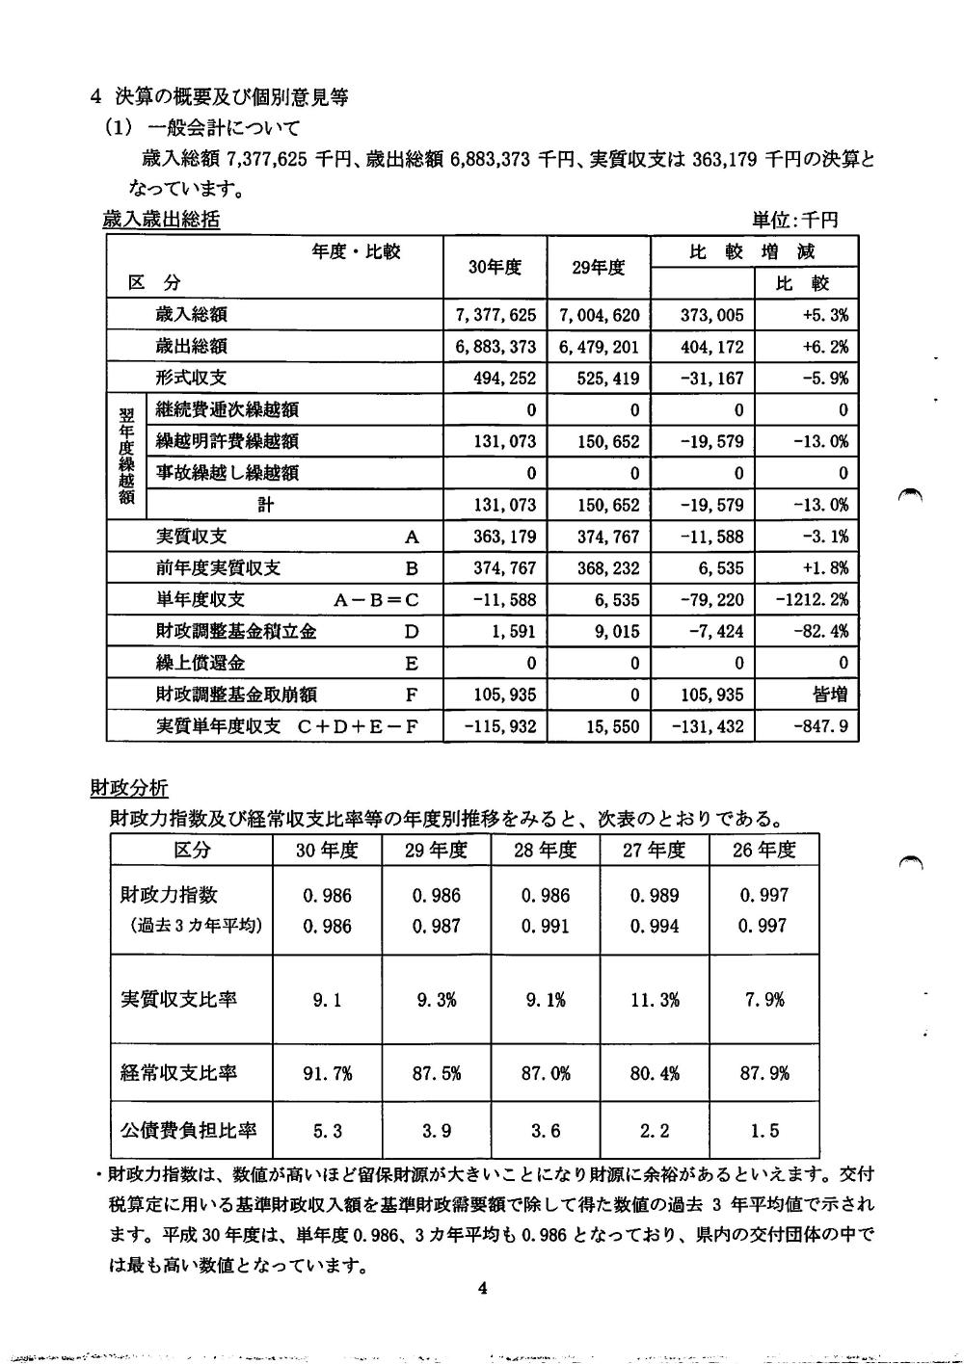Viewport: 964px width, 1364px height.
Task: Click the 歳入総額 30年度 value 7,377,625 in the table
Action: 495,315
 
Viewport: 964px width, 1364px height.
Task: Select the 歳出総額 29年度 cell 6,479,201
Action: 599,347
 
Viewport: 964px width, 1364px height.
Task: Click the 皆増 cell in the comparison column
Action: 829,695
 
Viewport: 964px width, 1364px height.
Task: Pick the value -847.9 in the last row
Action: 820,726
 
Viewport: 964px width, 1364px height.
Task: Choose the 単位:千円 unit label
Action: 795,221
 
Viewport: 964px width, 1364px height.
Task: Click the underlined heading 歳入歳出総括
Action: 161,221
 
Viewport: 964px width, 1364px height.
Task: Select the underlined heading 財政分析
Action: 128,789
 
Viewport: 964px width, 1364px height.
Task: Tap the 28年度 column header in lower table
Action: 545,850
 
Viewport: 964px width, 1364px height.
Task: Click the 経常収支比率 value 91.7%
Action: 328,1072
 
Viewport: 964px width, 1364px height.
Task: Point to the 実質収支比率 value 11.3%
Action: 655,1000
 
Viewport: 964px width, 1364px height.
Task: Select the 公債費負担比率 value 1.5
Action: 763,1131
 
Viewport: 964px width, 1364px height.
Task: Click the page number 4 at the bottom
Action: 482,1290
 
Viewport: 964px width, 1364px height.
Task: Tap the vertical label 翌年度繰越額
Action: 126,457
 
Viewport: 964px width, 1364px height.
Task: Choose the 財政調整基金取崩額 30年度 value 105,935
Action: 504,695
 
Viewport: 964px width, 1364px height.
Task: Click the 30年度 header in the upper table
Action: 495,267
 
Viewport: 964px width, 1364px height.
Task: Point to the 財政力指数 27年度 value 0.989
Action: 655,895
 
